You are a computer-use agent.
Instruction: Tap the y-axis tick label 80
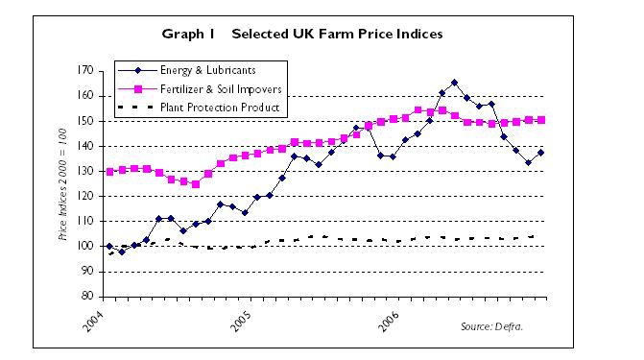coord(86,296)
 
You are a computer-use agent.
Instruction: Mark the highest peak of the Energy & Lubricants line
coord(454,83)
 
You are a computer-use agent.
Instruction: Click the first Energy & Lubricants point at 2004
coord(109,247)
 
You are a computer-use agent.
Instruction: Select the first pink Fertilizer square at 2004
coord(109,172)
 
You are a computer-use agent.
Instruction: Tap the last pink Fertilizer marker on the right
coord(541,120)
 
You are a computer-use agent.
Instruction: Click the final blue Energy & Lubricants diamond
coord(541,153)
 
